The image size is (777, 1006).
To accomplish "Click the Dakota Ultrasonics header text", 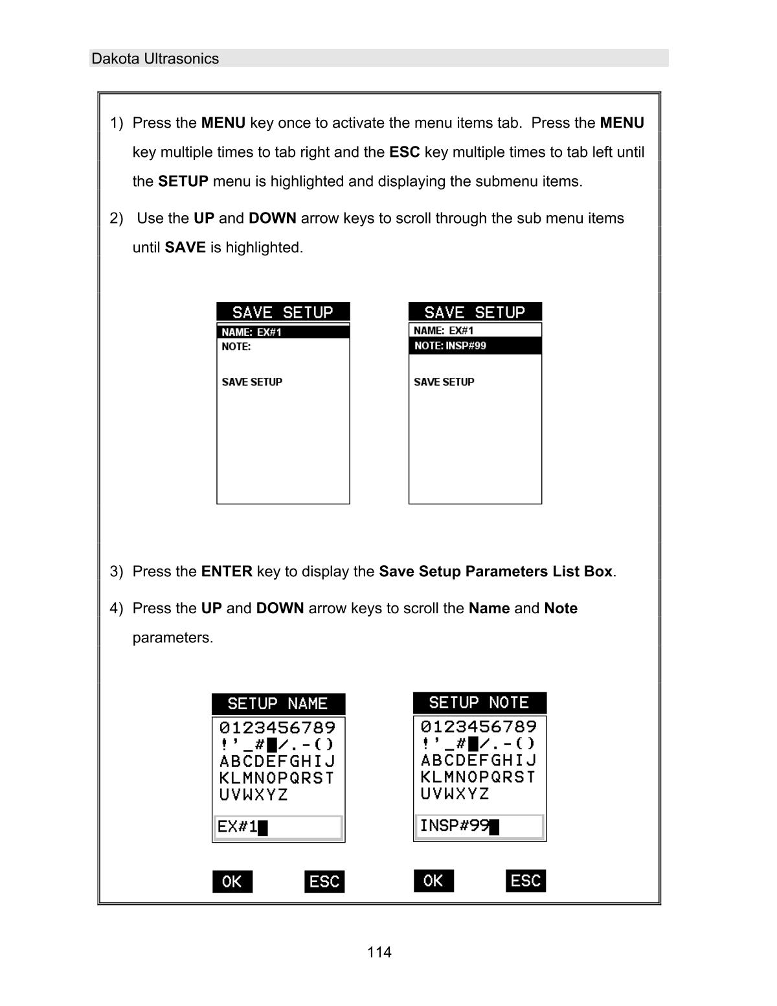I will (155, 59).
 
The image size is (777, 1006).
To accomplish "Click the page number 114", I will (379, 952).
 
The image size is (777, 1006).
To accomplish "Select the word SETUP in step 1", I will (183, 181).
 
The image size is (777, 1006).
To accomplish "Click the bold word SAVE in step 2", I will (185, 248).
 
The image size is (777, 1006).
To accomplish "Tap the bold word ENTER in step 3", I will (227, 572).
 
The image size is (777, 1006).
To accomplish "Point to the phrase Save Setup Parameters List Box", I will (495, 572).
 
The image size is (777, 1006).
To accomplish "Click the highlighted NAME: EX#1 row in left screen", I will (283, 332).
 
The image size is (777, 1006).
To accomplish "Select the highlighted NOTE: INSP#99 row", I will (475, 346).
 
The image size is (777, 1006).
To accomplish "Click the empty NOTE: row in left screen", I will (283, 347).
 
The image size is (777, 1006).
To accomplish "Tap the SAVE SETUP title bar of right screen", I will (475, 312).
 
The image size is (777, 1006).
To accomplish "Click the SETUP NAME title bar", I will (278, 704).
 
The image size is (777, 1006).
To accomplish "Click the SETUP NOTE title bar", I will (479, 703).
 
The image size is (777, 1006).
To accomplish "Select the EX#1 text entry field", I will (278, 828).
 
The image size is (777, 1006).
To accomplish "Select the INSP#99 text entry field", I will (479, 826).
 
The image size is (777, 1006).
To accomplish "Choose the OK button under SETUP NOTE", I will (433, 881).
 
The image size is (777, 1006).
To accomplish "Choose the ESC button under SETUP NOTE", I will (525, 881).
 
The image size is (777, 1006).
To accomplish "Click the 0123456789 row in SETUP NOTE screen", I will (479, 727).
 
